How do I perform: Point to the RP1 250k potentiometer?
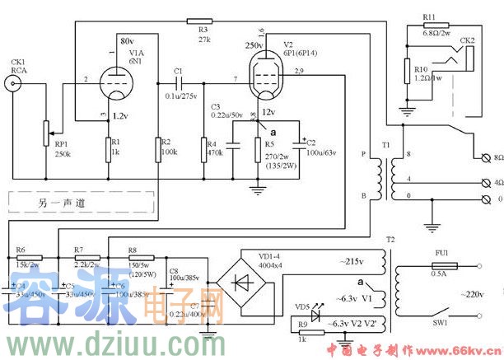point(47,130)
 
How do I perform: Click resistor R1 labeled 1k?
point(107,149)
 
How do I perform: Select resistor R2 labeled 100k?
point(157,149)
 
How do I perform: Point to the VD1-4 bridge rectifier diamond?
point(243,281)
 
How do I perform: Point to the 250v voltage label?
point(254,44)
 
